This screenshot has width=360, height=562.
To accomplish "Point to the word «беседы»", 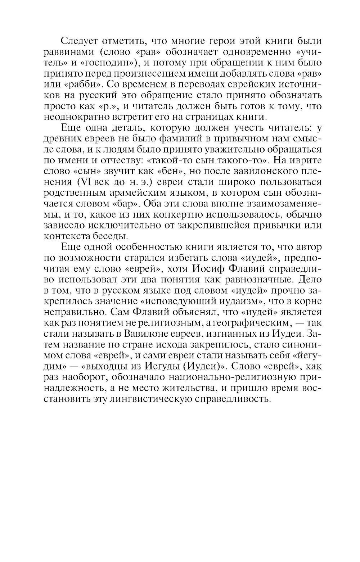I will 111,236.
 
